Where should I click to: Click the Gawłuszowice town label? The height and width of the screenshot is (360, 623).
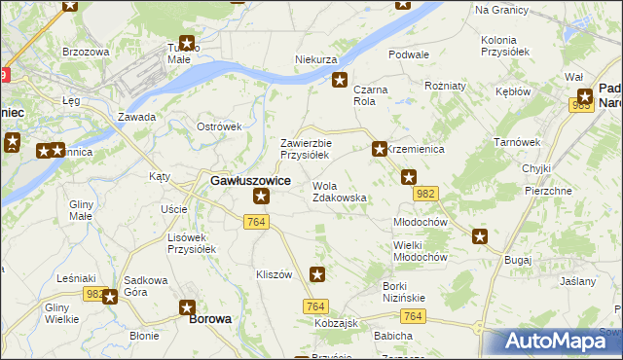(x=250, y=180)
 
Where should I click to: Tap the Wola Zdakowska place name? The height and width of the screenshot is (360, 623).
(x=339, y=192)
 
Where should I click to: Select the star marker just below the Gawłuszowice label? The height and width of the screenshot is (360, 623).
(x=261, y=198)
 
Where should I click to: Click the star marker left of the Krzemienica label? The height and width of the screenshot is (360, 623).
(x=379, y=149)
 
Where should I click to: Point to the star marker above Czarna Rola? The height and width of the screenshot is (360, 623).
(x=340, y=81)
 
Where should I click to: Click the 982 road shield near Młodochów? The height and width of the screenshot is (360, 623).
(x=424, y=195)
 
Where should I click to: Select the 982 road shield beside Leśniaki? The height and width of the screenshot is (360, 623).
(x=94, y=294)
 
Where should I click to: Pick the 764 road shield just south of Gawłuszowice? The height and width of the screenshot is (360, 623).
(x=256, y=224)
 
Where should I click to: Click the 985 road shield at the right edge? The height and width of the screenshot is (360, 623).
(x=582, y=105)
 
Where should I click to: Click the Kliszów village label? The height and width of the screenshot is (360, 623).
(x=274, y=275)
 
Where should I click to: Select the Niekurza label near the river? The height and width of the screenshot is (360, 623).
(x=315, y=59)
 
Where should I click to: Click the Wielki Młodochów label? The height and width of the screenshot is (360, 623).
(x=420, y=251)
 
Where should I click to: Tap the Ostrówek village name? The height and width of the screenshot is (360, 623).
(x=219, y=126)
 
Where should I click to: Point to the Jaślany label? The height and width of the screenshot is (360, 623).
(x=578, y=281)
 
